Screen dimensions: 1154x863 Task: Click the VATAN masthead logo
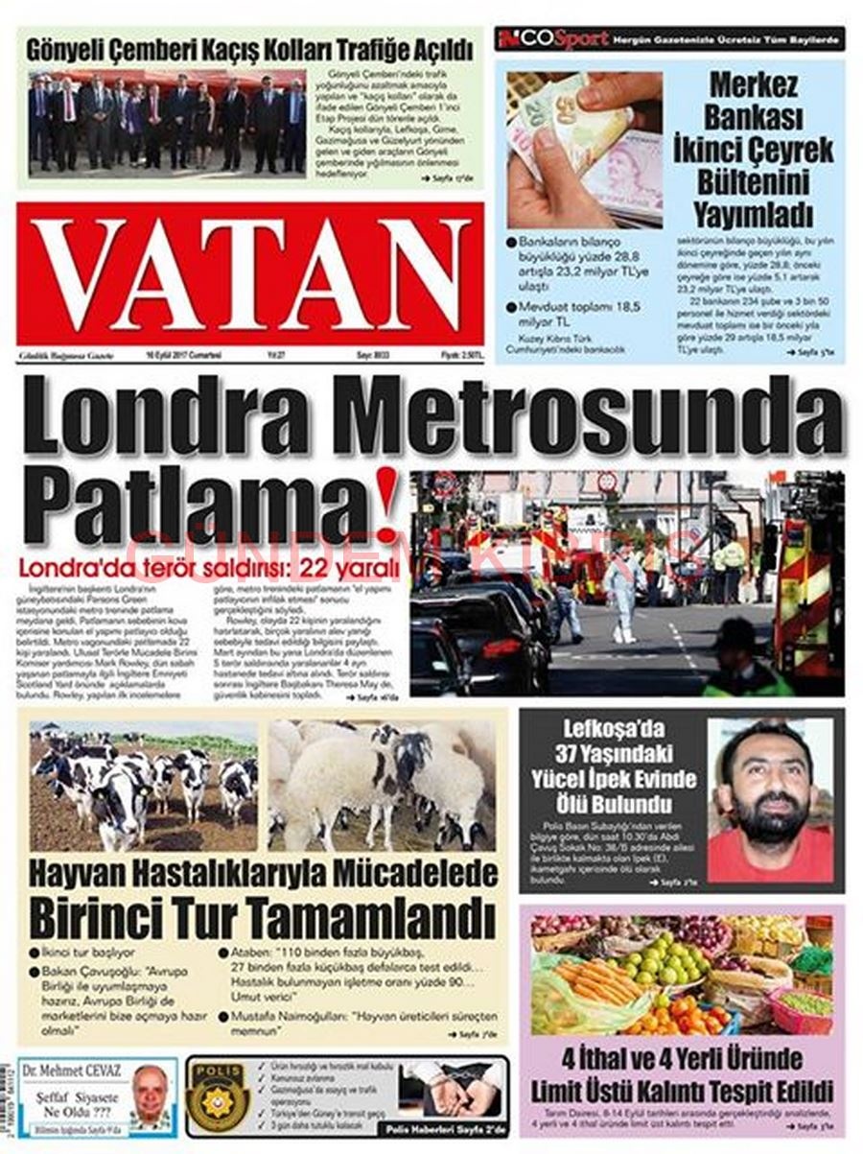(x=250, y=274)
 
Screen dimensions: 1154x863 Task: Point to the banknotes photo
(x=584, y=149)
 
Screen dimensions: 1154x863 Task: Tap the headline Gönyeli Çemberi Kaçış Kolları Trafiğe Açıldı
(x=249, y=49)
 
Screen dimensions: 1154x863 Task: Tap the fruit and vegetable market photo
(x=681, y=974)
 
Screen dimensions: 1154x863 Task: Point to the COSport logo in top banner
(x=553, y=39)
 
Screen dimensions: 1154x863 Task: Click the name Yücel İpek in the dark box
(x=614, y=778)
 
